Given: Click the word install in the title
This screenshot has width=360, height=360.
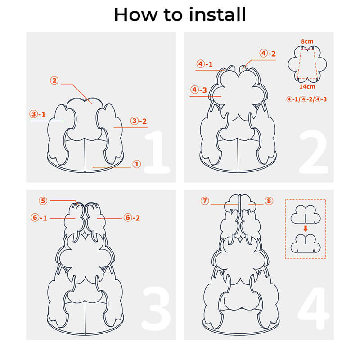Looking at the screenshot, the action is (217, 14).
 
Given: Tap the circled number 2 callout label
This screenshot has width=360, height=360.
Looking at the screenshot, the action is (54, 81).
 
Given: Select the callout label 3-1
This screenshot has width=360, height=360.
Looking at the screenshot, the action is (38, 114).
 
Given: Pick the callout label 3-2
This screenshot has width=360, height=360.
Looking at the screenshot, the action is (139, 121).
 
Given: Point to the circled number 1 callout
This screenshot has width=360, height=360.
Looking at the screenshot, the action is (137, 164).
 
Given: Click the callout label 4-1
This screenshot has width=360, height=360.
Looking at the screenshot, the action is (205, 64).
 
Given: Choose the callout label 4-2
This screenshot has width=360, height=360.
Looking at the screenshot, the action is (267, 54).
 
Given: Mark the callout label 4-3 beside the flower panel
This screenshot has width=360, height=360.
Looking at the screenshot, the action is (198, 90).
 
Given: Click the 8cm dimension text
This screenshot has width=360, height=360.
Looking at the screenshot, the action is (307, 41).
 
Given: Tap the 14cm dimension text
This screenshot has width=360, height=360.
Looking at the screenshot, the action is (307, 86).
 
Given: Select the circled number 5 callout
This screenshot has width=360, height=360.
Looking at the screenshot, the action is (43, 201).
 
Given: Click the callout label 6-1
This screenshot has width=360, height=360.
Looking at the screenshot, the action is (39, 217).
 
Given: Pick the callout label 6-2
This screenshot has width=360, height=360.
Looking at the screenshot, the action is (132, 217).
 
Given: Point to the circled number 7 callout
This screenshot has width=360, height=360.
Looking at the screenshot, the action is (205, 201).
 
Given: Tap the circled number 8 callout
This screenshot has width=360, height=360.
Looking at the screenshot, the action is (269, 201).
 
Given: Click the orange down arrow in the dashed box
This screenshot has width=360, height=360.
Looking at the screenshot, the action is (306, 229).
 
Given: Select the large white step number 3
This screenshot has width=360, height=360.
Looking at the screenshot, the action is (156, 309).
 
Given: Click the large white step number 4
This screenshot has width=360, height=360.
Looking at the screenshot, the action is (314, 308).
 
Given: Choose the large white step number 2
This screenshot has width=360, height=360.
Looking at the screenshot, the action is (314, 152).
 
